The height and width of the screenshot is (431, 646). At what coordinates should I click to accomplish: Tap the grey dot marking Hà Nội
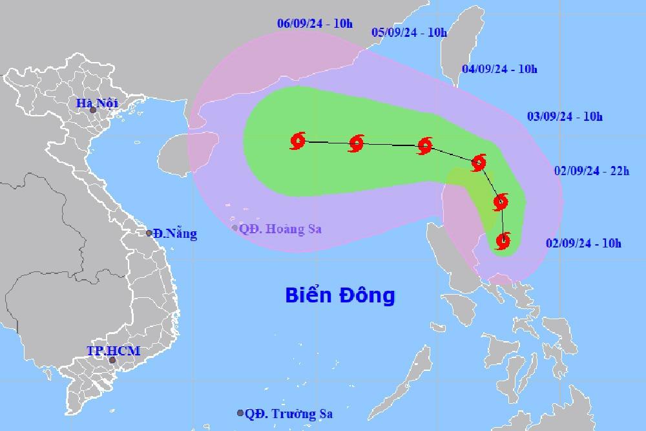93,111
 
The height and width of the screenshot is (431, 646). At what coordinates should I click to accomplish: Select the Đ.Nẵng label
175,234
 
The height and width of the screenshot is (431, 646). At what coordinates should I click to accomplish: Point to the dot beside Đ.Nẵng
149,233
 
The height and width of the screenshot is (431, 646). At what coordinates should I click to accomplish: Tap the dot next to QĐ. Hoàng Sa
235,228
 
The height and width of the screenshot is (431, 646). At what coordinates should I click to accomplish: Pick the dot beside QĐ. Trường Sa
240,414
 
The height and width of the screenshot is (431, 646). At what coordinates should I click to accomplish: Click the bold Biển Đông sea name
340,296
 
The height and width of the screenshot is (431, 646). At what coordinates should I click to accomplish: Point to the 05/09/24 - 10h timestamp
410,33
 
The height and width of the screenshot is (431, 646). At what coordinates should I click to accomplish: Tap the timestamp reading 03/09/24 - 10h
565,117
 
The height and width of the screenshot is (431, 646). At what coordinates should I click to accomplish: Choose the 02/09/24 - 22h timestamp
591,171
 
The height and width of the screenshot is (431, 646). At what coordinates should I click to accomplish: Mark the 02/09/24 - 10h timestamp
583,243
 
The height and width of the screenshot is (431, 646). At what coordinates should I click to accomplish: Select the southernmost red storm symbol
503,241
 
